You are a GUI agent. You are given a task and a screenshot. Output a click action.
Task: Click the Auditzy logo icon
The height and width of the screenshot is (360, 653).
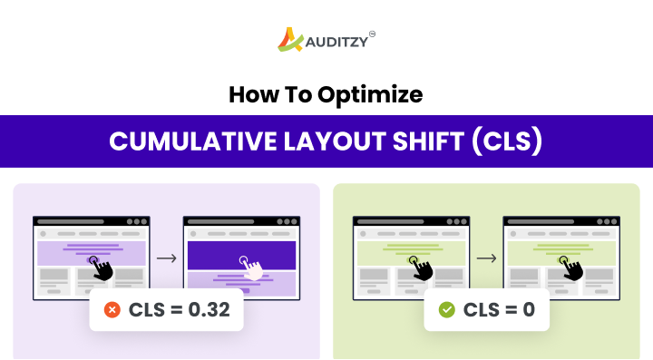point(289,40)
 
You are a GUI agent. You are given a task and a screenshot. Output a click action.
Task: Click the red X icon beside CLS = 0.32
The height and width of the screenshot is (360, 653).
point(112,310)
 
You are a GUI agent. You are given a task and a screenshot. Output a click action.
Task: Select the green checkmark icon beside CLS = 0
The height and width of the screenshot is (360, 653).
point(446,310)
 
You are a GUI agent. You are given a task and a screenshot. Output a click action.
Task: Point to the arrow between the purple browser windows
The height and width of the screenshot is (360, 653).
point(166,258)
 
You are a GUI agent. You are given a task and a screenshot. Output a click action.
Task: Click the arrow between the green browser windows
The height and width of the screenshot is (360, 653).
point(486,258)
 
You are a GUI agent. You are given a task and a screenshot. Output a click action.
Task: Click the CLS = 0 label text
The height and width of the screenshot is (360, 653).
point(499,310)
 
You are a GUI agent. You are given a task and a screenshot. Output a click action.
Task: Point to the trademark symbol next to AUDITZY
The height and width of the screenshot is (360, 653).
point(372,34)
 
